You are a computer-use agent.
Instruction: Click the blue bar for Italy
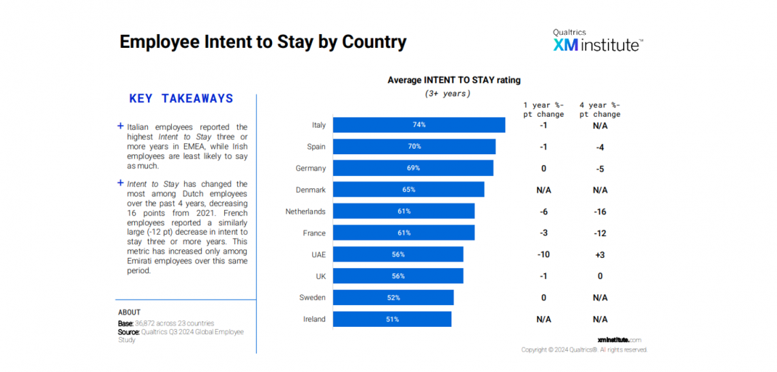(x=419, y=125)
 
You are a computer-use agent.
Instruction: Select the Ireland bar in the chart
(x=392, y=319)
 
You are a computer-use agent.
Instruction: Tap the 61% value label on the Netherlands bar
(x=404, y=212)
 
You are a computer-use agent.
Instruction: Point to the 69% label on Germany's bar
(x=414, y=168)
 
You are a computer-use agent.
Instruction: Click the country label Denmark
(x=311, y=190)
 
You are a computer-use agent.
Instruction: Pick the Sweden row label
(x=312, y=298)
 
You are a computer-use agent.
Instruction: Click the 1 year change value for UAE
(x=543, y=255)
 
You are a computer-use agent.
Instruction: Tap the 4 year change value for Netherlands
(x=600, y=212)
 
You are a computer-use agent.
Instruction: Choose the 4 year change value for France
(x=600, y=233)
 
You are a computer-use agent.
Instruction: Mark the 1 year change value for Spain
(x=543, y=147)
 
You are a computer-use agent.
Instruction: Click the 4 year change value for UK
(x=600, y=276)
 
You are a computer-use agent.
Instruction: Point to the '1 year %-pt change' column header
(x=543, y=109)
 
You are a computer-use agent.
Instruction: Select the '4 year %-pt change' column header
(x=600, y=109)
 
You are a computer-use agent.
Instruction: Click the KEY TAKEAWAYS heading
(x=181, y=99)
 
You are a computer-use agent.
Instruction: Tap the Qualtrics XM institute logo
(x=597, y=41)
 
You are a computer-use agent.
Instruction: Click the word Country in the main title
(x=374, y=42)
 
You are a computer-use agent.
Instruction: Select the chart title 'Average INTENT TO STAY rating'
(x=454, y=81)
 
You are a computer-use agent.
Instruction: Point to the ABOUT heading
(x=129, y=313)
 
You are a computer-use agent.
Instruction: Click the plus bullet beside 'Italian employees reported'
(x=121, y=126)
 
